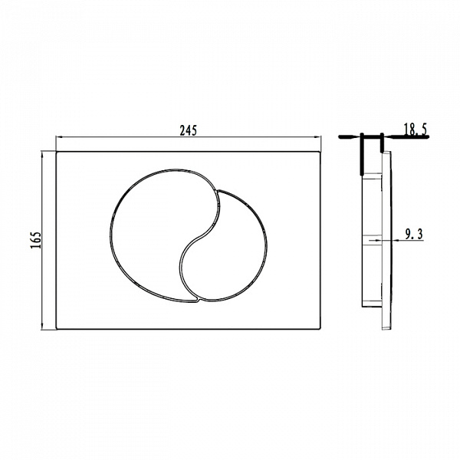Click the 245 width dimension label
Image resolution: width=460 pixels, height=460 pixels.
(189, 130)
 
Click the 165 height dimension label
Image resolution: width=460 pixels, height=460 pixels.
(36, 240)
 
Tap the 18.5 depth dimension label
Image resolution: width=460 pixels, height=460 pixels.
(416, 130)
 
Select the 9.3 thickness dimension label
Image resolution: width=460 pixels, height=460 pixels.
(414, 235)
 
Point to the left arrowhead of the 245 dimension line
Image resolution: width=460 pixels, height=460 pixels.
(58, 136)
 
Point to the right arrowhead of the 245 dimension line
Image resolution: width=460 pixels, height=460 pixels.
(318, 136)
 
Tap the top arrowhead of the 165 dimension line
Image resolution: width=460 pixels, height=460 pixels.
(42, 154)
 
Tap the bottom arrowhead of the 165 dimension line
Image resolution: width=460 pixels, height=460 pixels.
(42, 326)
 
